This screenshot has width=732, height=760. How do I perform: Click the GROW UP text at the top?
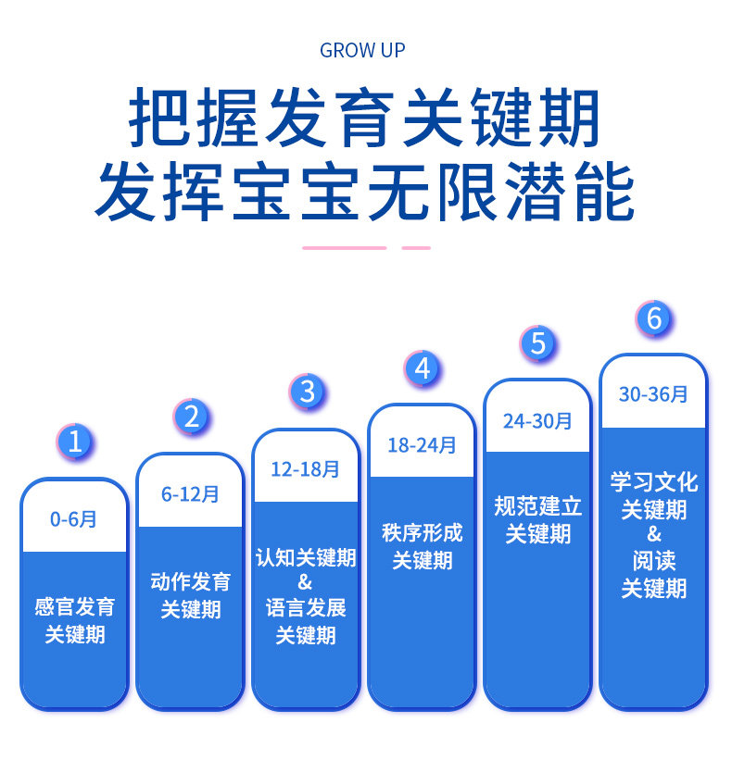(x=362, y=50)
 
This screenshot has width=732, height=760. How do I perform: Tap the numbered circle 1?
(x=75, y=442)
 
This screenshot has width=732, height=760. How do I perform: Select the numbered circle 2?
(x=191, y=417)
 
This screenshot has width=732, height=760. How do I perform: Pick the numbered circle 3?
(x=307, y=392)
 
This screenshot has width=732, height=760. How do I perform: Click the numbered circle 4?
(x=423, y=368)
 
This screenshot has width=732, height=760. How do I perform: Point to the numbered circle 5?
(x=537, y=343)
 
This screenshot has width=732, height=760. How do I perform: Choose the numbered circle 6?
(x=653, y=319)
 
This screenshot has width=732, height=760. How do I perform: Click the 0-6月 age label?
(x=73, y=519)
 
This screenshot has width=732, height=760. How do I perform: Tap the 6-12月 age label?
(x=190, y=494)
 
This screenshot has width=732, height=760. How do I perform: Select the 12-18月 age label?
(x=305, y=469)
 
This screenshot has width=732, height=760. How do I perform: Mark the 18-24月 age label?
(x=422, y=445)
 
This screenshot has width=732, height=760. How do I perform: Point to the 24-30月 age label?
(x=537, y=421)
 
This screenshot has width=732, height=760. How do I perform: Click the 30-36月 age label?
(x=653, y=394)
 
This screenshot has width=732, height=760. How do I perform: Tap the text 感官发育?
(x=74, y=608)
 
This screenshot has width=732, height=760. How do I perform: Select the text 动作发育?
(x=190, y=582)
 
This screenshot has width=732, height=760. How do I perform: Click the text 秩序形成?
(x=422, y=533)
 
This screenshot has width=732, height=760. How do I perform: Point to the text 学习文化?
(x=653, y=482)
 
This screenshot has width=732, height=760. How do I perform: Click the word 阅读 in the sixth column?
(x=653, y=561)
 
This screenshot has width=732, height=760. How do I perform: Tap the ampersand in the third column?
(x=305, y=583)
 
